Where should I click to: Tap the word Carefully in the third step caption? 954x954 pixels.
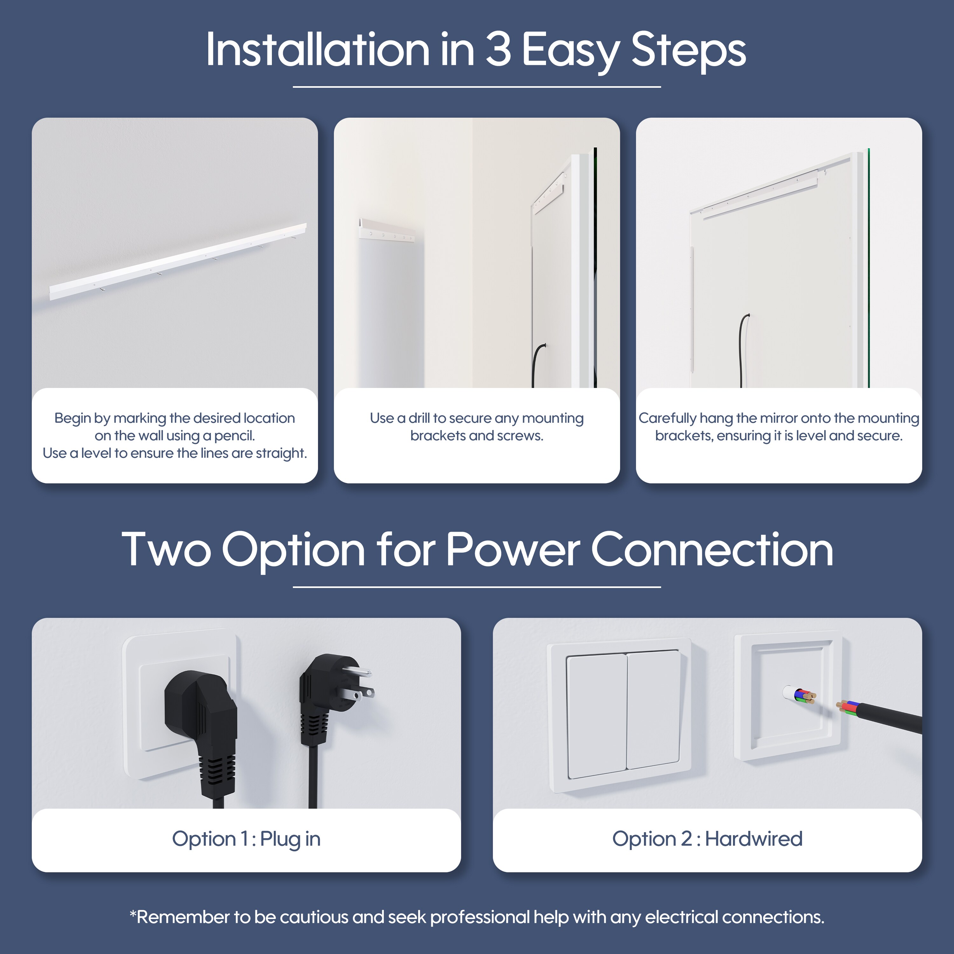(x=667, y=419)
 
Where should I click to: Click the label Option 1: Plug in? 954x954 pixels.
(x=246, y=839)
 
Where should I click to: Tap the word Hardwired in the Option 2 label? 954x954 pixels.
(x=754, y=839)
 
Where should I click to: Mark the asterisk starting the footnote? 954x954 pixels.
(x=132, y=913)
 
